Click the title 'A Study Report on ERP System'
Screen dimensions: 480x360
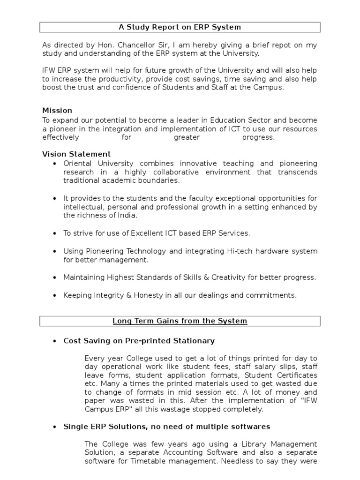pos(180,27)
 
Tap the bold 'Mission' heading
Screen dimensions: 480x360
pos(57,111)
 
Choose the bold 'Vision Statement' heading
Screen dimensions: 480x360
pos(76,154)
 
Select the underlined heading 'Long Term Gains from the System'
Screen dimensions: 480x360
pos(180,321)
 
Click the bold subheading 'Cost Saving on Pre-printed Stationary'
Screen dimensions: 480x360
pos(139,341)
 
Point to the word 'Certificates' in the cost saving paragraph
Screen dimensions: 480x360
pos(296,375)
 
